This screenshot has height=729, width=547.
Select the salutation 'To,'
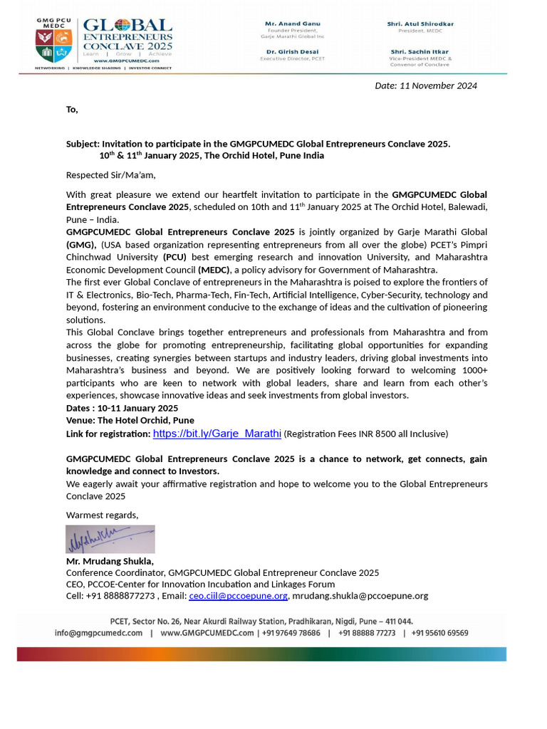[x=72, y=110]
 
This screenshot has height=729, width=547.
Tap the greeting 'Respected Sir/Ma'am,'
[x=110, y=175]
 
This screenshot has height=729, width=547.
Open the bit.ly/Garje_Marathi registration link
[x=217, y=433]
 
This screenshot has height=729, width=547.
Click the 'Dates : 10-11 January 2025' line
[x=122, y=408]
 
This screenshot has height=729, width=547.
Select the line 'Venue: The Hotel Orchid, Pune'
[x=130, y=421]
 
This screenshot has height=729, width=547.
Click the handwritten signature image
[x=110, y=539]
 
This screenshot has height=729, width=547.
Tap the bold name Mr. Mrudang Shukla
[x=110, y=561]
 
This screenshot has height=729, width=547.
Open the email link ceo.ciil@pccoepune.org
[x=238, y=596]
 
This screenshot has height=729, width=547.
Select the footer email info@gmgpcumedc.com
[x=99, y=633]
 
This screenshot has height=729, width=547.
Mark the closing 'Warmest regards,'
[x=102, y=515]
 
